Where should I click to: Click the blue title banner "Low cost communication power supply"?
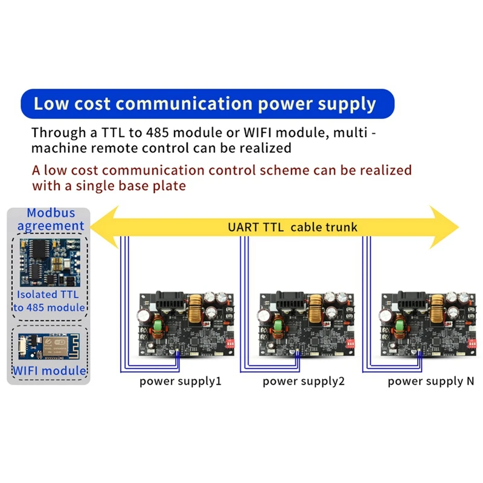point(205,103)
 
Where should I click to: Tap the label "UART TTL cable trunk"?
point(292,228)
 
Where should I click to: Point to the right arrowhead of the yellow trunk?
point(444,227)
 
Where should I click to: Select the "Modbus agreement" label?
point(51,220)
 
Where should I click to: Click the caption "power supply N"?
point(431,382)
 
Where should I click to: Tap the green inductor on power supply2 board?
point(278,327)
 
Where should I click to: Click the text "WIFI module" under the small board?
point(49,370)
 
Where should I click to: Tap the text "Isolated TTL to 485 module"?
point(50,301)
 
